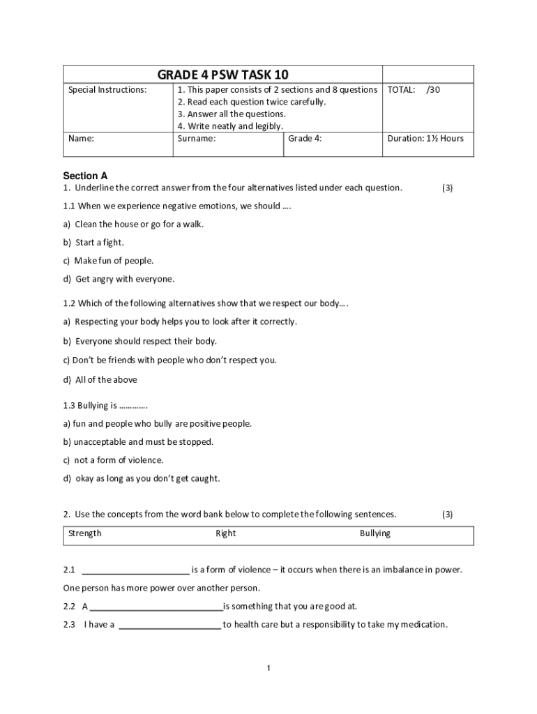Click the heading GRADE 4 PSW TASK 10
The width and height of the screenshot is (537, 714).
(x=222, y=75)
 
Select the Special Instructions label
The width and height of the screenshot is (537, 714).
(x=107, y=90)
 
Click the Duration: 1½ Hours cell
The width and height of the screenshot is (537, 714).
(x=425, y=138)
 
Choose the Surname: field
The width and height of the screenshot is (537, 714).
(x=197, y=138)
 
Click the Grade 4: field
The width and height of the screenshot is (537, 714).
(x=305, y=138)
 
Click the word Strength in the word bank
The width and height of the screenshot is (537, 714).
(x=84, y=533)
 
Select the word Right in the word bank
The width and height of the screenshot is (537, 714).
(x=225, y=533)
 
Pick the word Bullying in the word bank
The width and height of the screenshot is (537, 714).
(x=375, y=533)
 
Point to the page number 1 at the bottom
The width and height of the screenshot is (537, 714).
(x=268, y=669)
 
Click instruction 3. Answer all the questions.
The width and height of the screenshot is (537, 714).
(x=232, y=114)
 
